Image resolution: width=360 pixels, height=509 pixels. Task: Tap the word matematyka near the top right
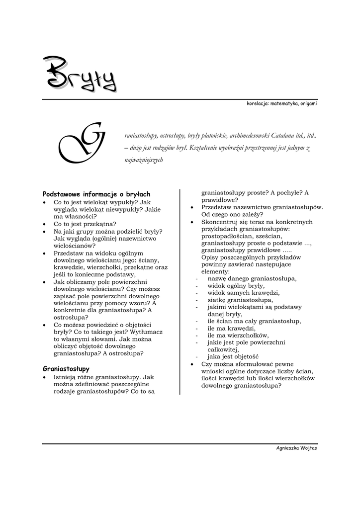[284, 103]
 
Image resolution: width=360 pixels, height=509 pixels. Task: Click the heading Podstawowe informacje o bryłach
[96, 194]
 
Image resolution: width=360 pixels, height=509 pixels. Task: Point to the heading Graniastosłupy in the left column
[66, 369]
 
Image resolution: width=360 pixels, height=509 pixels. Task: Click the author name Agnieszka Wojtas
[297, 448]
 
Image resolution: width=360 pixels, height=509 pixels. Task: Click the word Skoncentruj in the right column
[220, 222]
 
